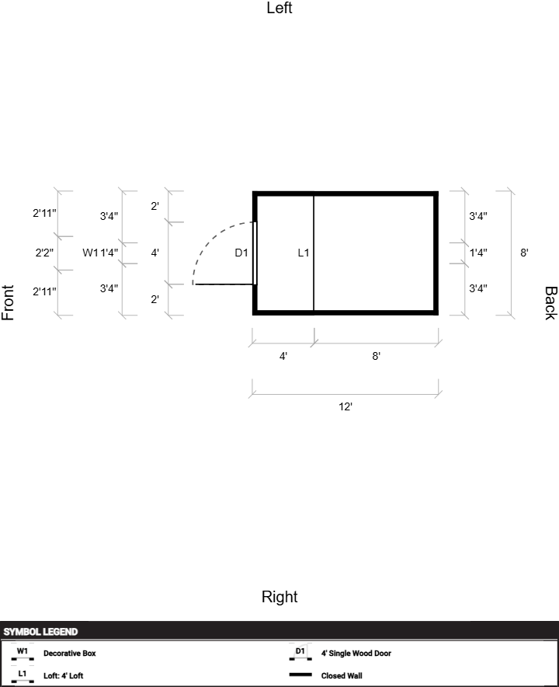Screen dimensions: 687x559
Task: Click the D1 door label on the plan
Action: click(241, 253)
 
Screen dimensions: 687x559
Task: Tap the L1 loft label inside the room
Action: click(304, 253)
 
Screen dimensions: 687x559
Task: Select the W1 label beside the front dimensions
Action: click(90, 253)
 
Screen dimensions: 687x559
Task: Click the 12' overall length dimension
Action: click(345, 406)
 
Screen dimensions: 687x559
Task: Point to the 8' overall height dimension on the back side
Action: click(525, 253)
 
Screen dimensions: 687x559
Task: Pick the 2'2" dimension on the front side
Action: click(44, 253)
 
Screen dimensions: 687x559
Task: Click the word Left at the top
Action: click(279, 9)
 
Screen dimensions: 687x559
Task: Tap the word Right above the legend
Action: click(279, 597)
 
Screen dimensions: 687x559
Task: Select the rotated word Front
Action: click(9, 303)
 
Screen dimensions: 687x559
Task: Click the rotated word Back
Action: click(550, 303)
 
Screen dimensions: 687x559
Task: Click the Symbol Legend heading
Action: click(40, 632)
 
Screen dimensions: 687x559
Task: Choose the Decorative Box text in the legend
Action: click(70, 654)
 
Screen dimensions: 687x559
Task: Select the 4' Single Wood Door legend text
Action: click(356, 654)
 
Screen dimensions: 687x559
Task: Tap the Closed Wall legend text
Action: click(342, 676)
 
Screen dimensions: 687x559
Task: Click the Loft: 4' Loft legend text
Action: click(63, 676)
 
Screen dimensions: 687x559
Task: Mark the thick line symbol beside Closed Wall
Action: click(300, 675)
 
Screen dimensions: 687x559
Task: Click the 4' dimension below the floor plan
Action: click(283, 356)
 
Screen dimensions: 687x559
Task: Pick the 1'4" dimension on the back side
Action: click(478, 253)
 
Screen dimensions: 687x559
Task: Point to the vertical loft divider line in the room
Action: click(314, 280)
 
